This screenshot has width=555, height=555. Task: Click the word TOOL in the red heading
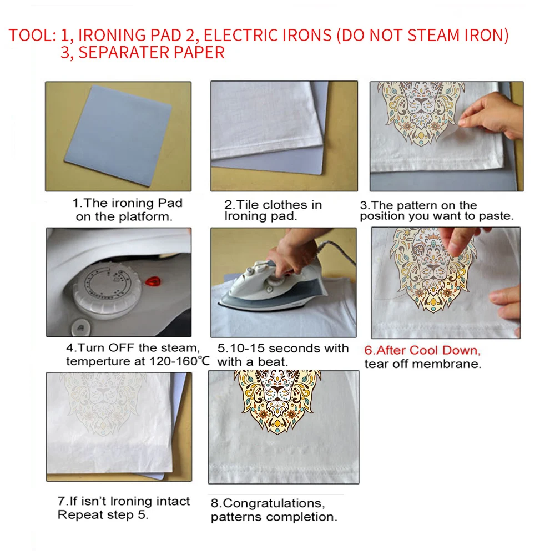point(28,35)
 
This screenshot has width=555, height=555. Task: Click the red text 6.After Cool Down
point(422,351)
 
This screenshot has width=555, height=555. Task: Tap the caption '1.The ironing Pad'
point(128,204)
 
